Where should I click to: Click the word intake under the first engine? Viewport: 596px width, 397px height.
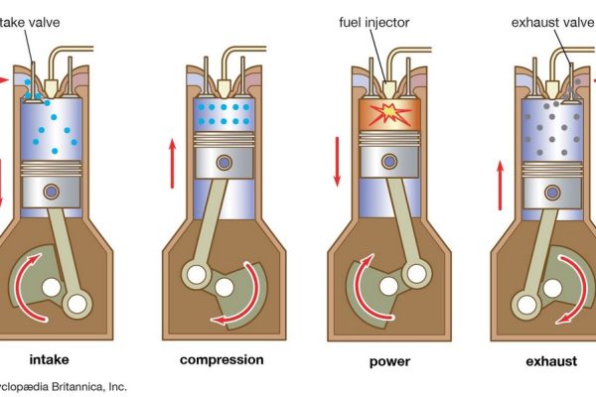click(49, 359)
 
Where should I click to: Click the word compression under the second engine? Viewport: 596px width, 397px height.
click(222, 359)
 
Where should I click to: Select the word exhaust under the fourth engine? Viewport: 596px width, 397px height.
click(551, 359)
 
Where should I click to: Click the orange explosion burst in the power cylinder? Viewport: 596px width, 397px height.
click(390, 114)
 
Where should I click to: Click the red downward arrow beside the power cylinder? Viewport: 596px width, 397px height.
click(338, 161)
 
